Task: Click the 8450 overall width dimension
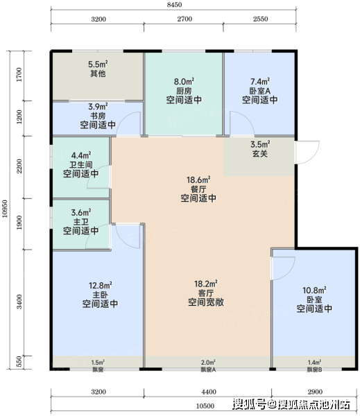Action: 174,5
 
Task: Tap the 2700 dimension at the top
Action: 185,19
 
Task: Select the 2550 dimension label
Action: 260,19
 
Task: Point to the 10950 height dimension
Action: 5,209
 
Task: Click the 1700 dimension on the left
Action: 19,75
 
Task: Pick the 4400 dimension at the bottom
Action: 209,392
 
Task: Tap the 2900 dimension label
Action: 315,392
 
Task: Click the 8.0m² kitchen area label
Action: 184,81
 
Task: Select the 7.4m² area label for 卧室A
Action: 260,81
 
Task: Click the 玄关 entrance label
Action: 260,154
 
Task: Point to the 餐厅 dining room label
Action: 198,189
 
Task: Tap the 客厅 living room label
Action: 206,293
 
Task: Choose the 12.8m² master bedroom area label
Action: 100,286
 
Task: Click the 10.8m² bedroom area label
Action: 314,291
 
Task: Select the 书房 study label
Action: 98,116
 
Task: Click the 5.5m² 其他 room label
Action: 98,69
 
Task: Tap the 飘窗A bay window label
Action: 208,370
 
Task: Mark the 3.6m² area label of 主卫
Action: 81,213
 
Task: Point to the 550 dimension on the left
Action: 19,362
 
